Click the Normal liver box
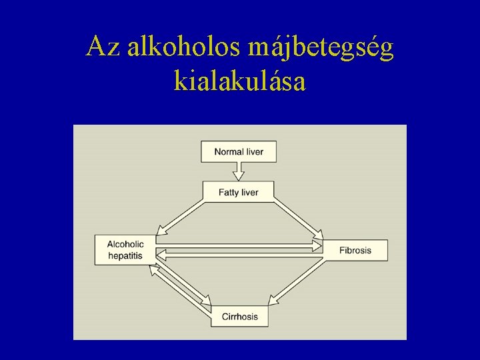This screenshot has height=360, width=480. tap(239, 151)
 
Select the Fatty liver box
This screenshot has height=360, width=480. tap(239, 192)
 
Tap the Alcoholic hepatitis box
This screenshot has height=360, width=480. tap(125, 250)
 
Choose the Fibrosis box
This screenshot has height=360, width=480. tap(355, 250)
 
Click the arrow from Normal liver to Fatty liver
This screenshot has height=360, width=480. tap(239, 171)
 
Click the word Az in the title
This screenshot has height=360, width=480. tap(102, 47)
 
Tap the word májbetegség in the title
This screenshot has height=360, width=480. tap(321, 48)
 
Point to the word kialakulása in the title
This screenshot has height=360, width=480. tap(239, 81)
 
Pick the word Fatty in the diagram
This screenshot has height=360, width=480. tap(229, 192)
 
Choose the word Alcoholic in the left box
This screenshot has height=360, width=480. tap(125, 245)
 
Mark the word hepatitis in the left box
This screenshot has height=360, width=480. tap(125, 255)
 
